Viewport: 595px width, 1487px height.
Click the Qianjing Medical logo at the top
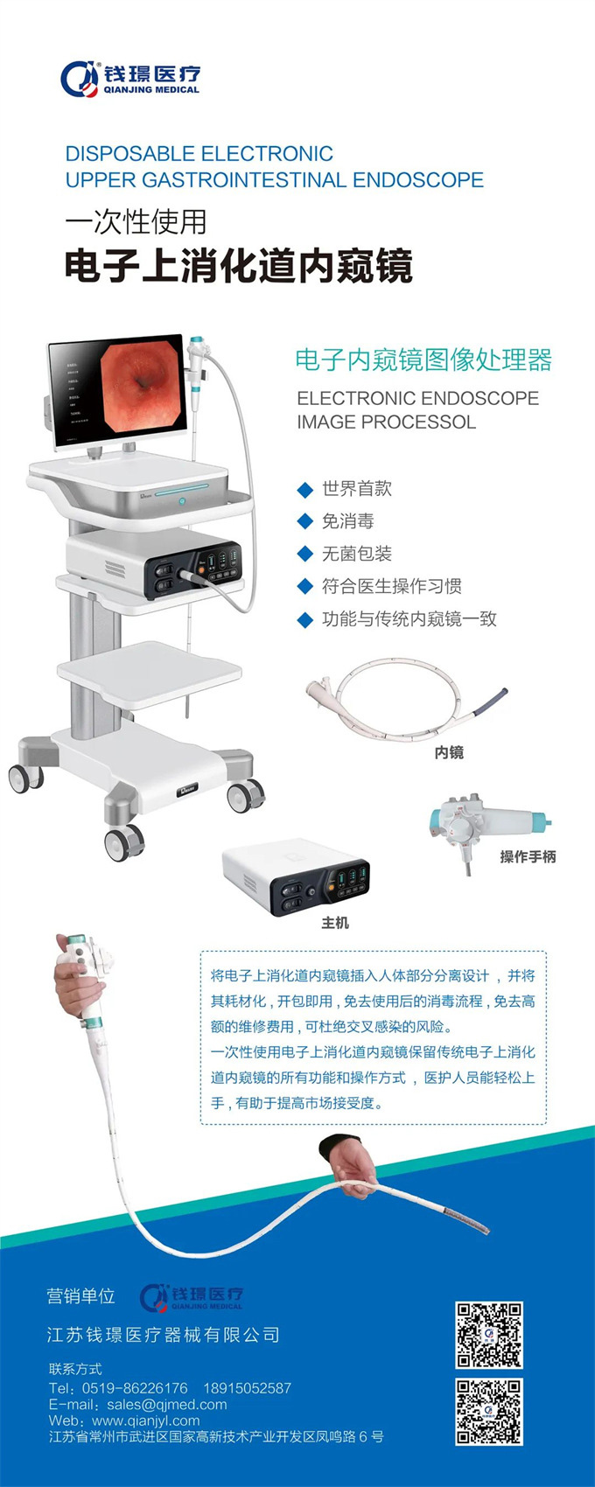[130, 79]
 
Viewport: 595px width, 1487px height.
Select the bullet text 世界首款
[357, 489]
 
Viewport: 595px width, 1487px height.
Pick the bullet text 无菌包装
[357, 554]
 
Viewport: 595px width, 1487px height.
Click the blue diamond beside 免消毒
[304, 522]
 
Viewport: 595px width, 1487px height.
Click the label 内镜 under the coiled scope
[449, 752]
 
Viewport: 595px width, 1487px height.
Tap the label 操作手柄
[528, 857]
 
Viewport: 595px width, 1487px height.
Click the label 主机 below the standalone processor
[334, 923]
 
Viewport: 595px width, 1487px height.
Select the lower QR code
[489, 1411]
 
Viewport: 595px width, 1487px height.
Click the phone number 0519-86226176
[135, 1388]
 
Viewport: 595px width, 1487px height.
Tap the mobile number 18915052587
[247, 1388]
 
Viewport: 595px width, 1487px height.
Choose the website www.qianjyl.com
[145, 1421]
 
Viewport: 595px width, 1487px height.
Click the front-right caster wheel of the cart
[246, 795]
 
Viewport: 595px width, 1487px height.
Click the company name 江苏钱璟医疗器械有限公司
[164, 1335]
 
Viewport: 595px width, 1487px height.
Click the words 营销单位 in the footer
[81, 1295]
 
